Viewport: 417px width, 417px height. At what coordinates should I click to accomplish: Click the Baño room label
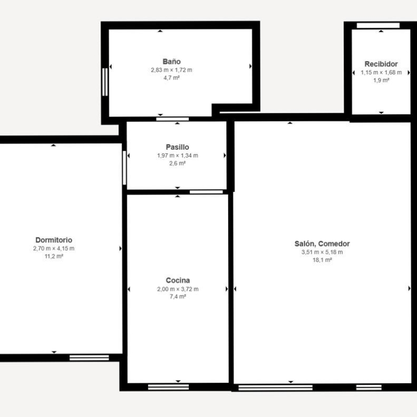pyautogui.click(x=172, y=61)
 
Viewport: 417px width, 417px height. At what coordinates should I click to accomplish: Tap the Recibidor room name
pyautogui.click(x=381, y=64)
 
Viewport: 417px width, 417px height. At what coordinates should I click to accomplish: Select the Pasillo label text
pyautogui.click(x=177, y=147)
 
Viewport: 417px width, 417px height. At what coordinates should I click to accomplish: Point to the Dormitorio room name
pyautogui.click(x=53, y=240)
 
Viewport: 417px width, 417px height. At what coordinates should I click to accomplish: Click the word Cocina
pyautogui.click(x=177, y=280)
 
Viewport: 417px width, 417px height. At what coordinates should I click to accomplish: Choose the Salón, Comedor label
pyautogui.click(x=322, y=244)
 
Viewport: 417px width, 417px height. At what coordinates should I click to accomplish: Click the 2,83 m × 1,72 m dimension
pyautogui.click(x=172, y=70)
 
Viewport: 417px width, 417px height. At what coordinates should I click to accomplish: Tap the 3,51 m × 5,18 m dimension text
pyautogui.click(x=322, y=252)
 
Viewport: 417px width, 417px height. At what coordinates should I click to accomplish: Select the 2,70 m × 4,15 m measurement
pyautogui.click(x=53, y=249)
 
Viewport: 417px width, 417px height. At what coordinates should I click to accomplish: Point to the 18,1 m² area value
pyautogui.click(x=322, y=260)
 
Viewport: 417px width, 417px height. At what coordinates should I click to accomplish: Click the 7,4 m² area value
pyautogui.click(x=177, y=297)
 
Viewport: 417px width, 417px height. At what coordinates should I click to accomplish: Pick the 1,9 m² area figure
pyautogui.click(x=381, y=80)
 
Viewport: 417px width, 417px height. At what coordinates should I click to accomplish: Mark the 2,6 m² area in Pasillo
pyautogui.click(x=177, y=163)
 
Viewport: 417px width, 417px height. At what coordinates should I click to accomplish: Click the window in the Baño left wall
pyautogui.click(x=105, y=82)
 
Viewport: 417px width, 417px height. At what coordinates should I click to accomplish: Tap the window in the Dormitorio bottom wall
pyautogui.click(x=89, y=358)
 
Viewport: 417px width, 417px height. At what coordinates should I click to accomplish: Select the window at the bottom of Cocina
pyautogui.click(x=168, y=387)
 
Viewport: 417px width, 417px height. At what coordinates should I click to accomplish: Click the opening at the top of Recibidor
pyautogui.click(x=378, y=26)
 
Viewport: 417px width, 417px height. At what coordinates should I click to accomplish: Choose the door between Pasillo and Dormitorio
pyautogui.click(x=125, y=168)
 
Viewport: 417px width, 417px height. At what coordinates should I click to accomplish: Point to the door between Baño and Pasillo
pyautogui.click(x=172, y=119)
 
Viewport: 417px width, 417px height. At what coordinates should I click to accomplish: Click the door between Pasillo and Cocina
pyautogui.click(x=206, y=192)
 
